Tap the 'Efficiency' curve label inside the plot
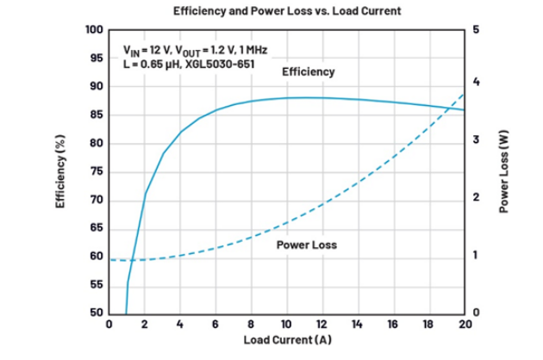[308, 71]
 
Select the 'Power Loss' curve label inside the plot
[306, 245]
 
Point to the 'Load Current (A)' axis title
[286, 341]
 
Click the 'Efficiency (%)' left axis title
[61, 171]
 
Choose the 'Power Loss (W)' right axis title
[507, 171]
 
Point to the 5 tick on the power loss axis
[477, 30]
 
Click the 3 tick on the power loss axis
[477, 143]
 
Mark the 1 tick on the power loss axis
[477, 257]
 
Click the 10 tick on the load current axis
[286, 325]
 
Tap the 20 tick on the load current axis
[465, 325]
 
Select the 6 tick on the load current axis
[215, 325]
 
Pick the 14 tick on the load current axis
[358, 325]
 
